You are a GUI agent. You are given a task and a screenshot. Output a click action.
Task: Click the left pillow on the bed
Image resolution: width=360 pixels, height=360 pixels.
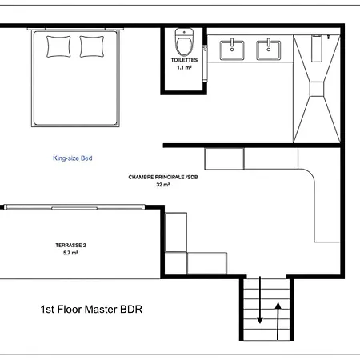(58, 46)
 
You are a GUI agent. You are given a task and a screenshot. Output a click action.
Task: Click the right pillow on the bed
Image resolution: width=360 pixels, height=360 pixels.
(92, 46)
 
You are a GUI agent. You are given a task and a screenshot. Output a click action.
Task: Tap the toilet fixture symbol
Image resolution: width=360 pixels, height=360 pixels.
(184, 42)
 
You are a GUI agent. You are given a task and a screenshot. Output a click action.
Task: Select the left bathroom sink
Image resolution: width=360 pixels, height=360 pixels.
(232, 50)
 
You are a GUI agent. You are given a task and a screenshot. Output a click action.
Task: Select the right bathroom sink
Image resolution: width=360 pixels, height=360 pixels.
(268, 50)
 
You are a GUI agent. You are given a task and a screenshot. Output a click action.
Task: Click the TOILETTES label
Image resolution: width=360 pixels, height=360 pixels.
(184, 60)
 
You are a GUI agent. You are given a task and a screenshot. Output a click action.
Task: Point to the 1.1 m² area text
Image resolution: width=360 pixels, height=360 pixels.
(184, 68)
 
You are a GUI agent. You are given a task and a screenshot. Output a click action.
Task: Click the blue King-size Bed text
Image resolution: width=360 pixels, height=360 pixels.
(73, 158)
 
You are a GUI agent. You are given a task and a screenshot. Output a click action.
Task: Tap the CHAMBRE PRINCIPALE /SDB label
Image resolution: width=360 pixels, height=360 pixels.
(163, 177)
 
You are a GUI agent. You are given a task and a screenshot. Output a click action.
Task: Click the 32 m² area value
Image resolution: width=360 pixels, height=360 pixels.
(163, 185)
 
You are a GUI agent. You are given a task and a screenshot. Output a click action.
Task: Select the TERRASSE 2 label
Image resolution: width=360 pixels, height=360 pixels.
(70, 246)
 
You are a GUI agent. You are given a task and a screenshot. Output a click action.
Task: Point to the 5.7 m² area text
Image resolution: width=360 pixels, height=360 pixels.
(70, 253)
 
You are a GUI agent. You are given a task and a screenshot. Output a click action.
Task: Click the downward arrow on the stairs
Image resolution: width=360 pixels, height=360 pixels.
(260, 300)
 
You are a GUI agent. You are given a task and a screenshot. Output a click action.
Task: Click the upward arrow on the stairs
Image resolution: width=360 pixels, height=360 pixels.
(278, 322)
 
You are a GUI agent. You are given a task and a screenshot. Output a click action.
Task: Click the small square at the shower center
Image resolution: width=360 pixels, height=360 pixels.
(317, 89)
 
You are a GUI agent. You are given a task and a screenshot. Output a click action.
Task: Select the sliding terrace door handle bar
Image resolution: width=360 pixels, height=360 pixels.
(74, 208)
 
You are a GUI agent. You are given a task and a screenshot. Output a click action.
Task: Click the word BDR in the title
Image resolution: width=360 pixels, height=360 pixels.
(131, 310)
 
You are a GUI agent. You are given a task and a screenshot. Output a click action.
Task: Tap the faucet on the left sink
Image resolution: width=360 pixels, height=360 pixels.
(232, 43)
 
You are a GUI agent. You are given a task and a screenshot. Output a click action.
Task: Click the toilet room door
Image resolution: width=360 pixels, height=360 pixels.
(205, 63)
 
